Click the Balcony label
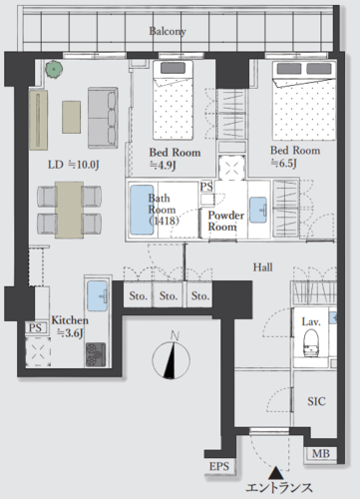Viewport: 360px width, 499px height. pos(168,31)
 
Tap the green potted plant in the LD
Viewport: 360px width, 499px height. pos(54,69)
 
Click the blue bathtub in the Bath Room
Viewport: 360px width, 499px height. pos(142,210)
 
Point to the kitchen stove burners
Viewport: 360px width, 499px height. pos(96,354)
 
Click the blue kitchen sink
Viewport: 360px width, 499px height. pos(98,296)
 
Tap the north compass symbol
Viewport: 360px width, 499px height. pos(172,357)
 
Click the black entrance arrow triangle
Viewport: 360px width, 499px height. pos(275,472)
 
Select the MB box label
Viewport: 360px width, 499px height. pos(321,453)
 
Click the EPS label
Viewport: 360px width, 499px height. pos(219,466)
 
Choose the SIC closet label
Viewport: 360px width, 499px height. pos(316,401)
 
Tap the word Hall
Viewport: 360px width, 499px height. pos(262,267)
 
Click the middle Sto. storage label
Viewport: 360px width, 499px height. pos(169,295)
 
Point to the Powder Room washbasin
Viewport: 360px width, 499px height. pos(258,210)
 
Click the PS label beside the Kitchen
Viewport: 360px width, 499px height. pos(35,328)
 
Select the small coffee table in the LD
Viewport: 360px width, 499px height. pos(71,118)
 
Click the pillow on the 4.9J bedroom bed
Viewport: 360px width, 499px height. pos(173,68)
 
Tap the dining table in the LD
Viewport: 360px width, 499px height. pos(69,210)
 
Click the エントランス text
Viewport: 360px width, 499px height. pos(279,488)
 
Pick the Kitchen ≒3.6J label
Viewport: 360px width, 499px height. pos(70,326)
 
